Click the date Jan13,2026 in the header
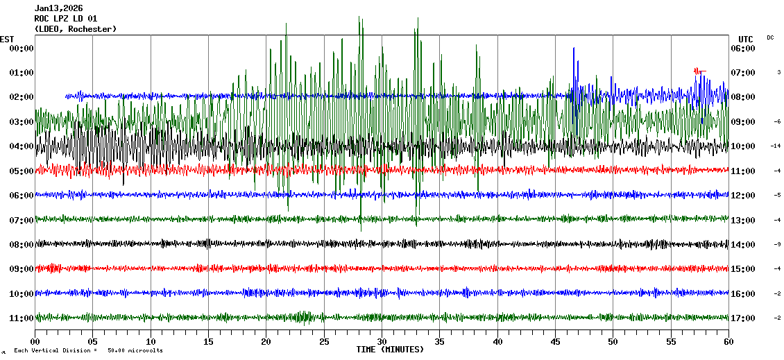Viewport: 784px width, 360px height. click(x=58, y=8)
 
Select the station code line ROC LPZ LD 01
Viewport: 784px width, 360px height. click(x=66, y=19)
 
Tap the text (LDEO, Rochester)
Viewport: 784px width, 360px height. click(x=76, y=28)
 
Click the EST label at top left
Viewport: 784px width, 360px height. click(x=7, y=39)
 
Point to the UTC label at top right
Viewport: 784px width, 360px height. click(x=746, y=39)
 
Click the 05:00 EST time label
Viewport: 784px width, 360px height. click(x=21, y=171)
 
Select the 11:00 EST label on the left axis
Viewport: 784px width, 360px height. click(x=21, y=318)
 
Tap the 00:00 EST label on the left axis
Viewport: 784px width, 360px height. click(x=21, y=48)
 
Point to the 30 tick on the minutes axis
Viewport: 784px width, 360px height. click(x=382, y=341)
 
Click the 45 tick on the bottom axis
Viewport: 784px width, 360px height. click(x=555, y=341)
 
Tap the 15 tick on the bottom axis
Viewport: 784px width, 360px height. click(x=208, y=341)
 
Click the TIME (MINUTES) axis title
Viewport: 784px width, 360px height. click(x=390, y=350)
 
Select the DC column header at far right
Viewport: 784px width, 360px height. click(x=770, y=37)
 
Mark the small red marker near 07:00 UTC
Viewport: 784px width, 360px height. click(x=699, y=70)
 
